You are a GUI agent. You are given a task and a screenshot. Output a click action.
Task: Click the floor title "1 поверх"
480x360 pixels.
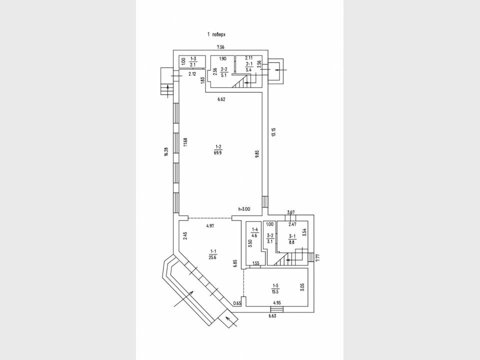(216, 34)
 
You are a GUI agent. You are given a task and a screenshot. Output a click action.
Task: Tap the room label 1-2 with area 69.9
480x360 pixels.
(218, 149)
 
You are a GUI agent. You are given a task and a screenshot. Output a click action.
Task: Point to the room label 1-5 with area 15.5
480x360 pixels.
(275, 289)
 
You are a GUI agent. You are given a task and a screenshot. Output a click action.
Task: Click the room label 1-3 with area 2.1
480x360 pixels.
(193, 61)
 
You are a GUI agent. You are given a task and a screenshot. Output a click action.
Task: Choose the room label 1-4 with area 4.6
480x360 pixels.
(254, 232)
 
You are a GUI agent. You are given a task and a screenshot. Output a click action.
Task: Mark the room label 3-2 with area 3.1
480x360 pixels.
(270, 238)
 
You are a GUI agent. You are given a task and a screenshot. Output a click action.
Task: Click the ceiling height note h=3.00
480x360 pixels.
(244, 209)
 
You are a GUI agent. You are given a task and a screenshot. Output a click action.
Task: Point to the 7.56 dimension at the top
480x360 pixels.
(220, 47)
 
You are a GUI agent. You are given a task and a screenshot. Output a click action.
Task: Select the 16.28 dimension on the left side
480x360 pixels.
(166, 152)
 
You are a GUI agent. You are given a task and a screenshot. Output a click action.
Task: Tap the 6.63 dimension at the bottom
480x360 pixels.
(272, 316)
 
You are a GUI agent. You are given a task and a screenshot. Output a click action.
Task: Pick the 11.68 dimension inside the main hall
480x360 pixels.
(185, 142)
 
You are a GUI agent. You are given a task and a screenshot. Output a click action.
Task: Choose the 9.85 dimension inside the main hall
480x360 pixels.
(257, 153)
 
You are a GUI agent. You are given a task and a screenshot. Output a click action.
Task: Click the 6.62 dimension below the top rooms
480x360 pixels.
(221, 99)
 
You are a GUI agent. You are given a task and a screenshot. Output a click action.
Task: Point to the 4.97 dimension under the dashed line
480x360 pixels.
(209, 226)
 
